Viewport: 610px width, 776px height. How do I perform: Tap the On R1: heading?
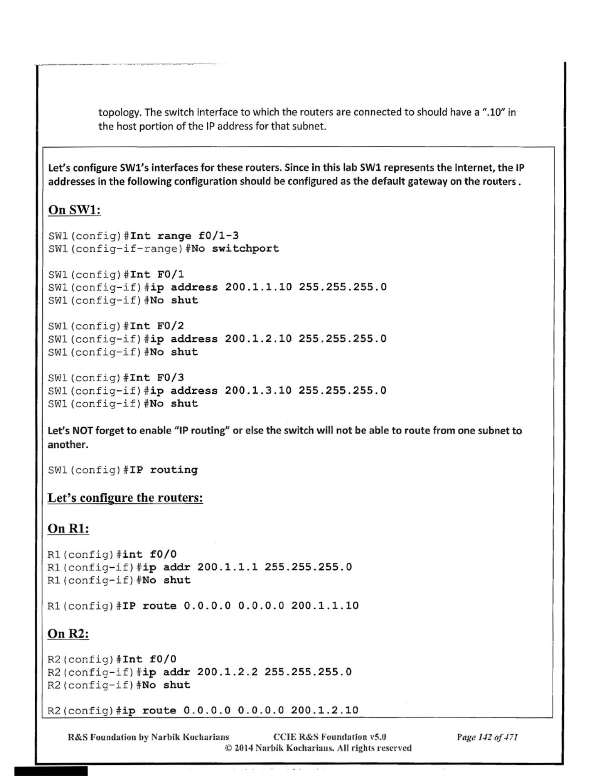[68, 528]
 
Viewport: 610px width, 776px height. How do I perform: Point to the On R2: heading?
[68, 634]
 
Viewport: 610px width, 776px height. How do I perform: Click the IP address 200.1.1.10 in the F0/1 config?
[258, 287]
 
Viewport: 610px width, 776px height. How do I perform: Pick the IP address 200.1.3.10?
[258, 390]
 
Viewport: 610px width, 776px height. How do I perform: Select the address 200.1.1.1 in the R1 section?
[227, 567]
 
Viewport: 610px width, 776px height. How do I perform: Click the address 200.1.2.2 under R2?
[227, 672]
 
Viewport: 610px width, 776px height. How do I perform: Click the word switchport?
[245, 248]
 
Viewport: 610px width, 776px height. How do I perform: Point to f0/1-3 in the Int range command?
[218, 236]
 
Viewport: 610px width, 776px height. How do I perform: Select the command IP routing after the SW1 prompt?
[164, 470]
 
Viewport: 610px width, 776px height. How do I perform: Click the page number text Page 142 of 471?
[487, 738]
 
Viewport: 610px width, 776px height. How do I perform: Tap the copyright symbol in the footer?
[228, 748]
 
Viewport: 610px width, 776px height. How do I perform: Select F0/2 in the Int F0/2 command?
[170, 326]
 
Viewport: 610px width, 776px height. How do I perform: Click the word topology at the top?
[118, 113]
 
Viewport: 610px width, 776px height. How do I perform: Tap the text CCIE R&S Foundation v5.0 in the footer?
[330, 737]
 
